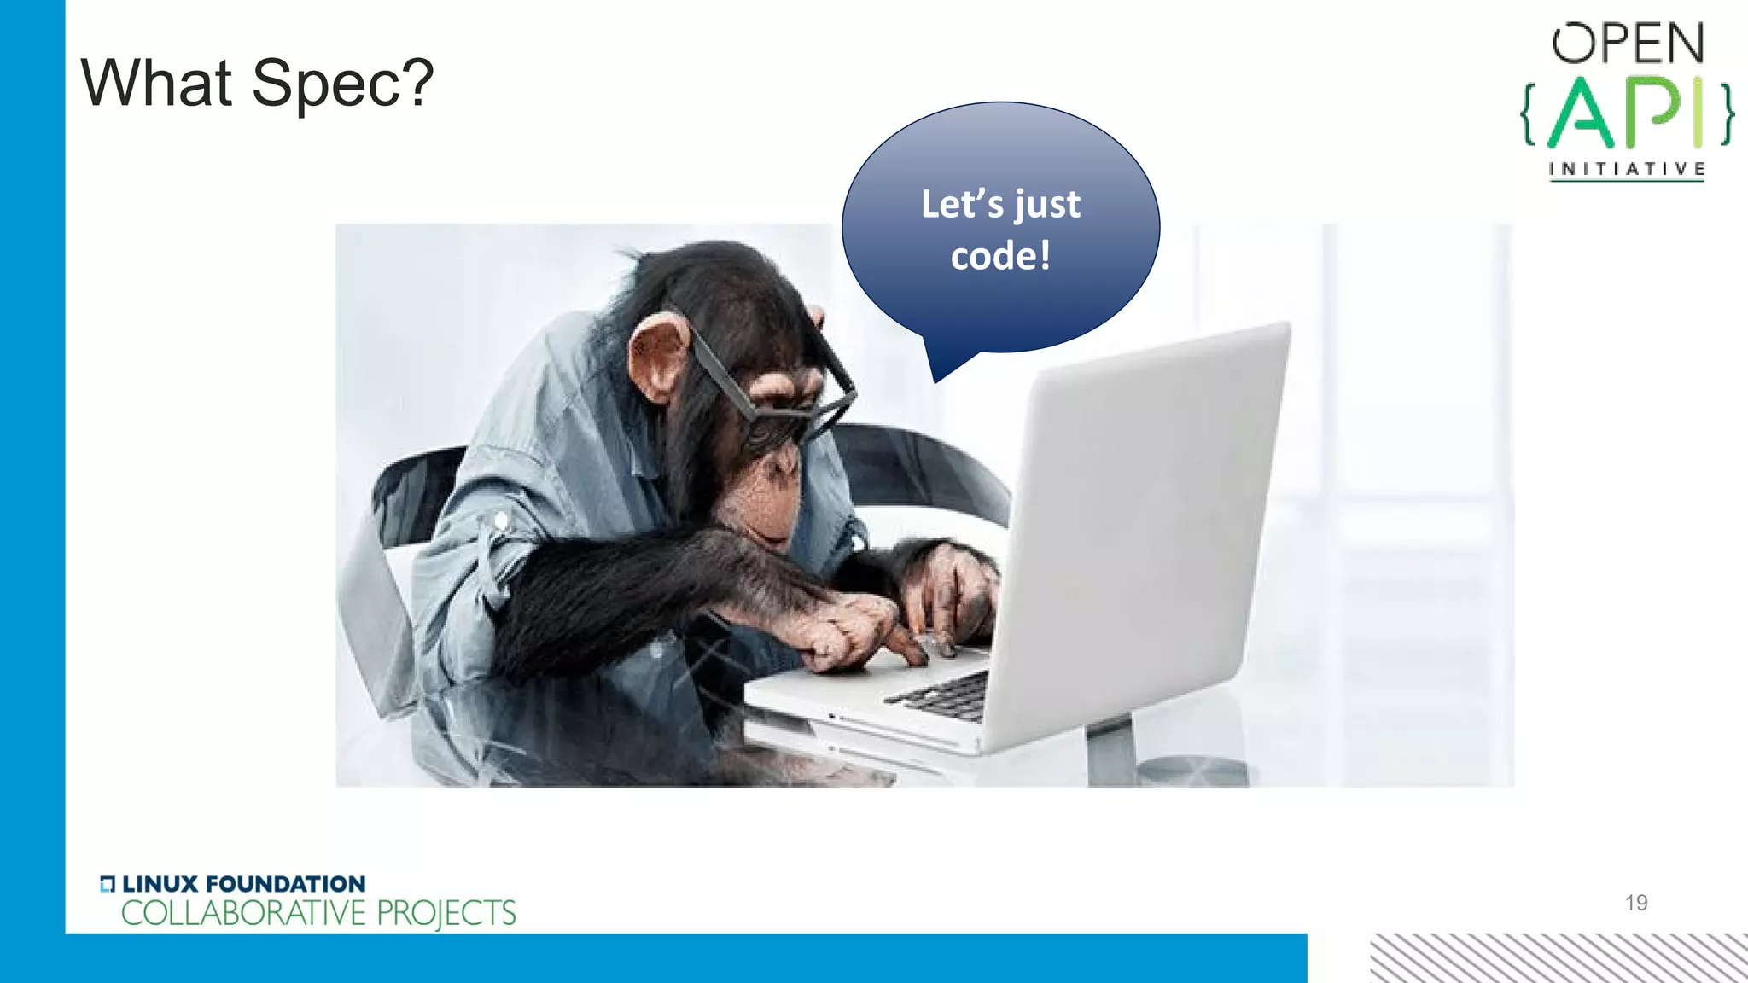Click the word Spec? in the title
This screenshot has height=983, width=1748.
point(343,84)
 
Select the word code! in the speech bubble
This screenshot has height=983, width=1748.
point(1000,256)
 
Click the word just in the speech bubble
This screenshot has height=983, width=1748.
point(1047,205)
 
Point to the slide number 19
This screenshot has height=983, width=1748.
point(1636,903)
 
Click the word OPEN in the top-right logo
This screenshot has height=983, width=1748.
point(1628,44)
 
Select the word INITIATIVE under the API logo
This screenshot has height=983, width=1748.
point(1627,169)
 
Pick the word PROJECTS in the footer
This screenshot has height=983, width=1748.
point(446,914)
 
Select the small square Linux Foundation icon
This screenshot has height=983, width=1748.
point(108,884)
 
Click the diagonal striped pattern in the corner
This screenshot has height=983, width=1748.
point(1558,958)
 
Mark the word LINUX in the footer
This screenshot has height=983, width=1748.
point(160,884)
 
